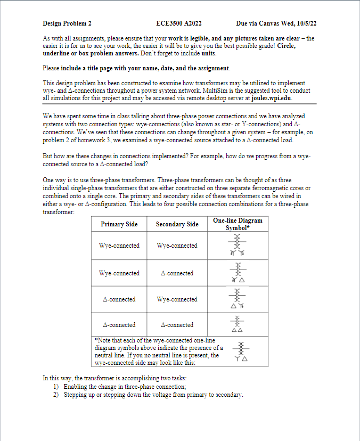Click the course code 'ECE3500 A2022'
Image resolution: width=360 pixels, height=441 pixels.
[x=179, y=23]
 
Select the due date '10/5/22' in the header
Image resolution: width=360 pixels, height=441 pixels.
[x=305, y=23]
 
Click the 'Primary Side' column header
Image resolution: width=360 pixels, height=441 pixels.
[x=119, y=224]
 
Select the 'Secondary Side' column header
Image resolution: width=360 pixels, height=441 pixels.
[x=177, y=224]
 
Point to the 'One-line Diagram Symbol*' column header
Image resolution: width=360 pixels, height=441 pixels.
[x=238, y=224]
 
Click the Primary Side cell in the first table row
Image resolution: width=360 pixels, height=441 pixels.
[x=119, y=246]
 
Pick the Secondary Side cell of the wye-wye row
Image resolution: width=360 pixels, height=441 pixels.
[x=177, y=246]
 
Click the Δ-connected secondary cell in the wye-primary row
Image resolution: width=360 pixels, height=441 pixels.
[x=177, y=273]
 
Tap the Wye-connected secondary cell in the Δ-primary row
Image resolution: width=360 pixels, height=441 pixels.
[x=177, y=299]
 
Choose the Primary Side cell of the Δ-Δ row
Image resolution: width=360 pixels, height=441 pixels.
[x=119, y=325]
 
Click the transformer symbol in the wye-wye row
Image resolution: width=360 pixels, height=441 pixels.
[x=238, y=246]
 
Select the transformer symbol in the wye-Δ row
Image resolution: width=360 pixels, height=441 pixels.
[x=238, y=273]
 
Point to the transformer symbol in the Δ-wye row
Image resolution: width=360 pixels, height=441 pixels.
[x=238, y=299]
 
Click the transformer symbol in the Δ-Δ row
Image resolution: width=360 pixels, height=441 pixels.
[x=238, y=324]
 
